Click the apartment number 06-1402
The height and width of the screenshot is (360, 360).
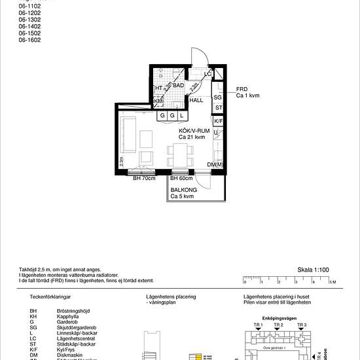pos(29,26)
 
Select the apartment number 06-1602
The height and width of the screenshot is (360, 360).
pos(29,40)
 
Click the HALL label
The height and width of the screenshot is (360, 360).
pos(196,101)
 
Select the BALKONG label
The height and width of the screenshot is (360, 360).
pos(183,189)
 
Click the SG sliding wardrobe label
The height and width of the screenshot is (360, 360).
pos(218,98)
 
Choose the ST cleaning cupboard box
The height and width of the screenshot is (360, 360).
pos(218,108)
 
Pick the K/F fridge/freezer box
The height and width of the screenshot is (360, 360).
pos(218,121)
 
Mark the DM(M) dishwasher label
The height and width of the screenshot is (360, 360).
pos(215,164)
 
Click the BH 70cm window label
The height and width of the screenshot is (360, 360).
pos(144,178)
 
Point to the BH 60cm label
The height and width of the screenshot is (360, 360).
pos(181,178)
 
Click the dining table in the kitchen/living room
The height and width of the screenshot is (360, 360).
pos(180,156)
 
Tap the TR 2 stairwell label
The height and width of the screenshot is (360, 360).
pos(278,325)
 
